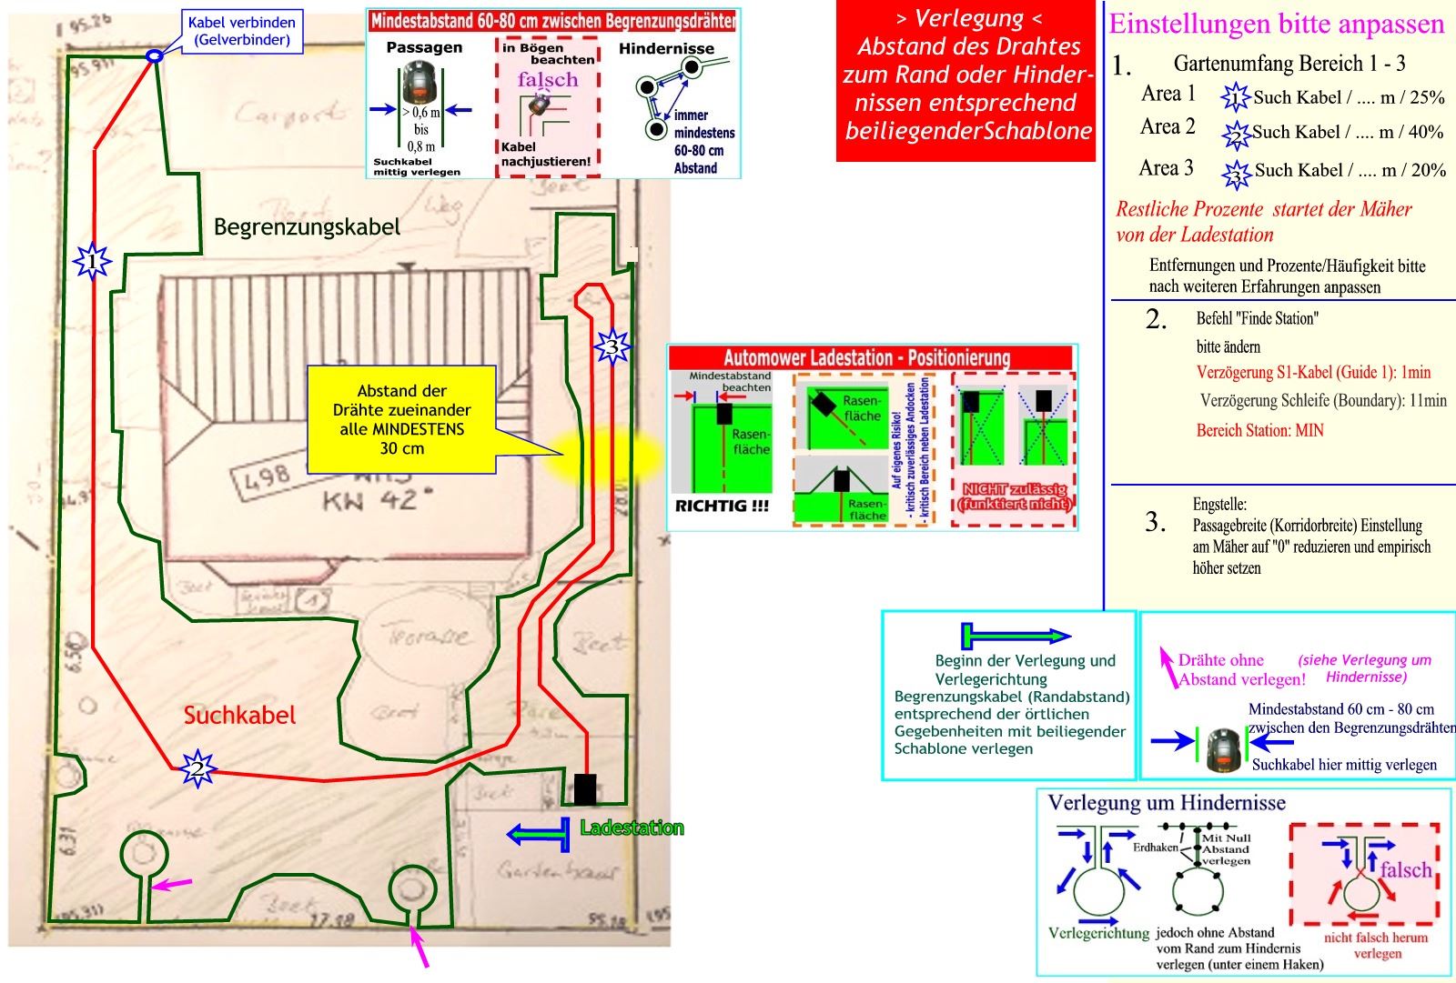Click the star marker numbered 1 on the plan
pyautogui.click(x=92, y=263)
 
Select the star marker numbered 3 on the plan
pyautogui.click(x=612, y=346)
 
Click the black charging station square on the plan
pyautogui.click(x=584, y=789)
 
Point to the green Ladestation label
pyautogui.click(x=632, y=828)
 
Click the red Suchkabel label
pyautogui.click(x=239, y=716)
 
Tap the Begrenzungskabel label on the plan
pyautogui.click(x=307, y=226)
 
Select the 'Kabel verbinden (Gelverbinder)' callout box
pyautogui.click(x=242, y=31)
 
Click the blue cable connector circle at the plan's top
pyautogui.click(x=155, y=56)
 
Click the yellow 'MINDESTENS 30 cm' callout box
pyautogui.click(x=401, y=419)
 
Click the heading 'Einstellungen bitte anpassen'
pyautogui.click(x=1276, y=24)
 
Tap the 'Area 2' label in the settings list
pyautogui.click(x=1168, y=127)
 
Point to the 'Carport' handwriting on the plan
pyautogui.click(x=289, y=114)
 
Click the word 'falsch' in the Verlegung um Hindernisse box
pyautogui.click(x=1405, y=869)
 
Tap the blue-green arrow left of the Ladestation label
pyautogui.click(x=538, y=833)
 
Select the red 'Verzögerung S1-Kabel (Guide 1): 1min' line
pyautogui.click(x=1313, y=372)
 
